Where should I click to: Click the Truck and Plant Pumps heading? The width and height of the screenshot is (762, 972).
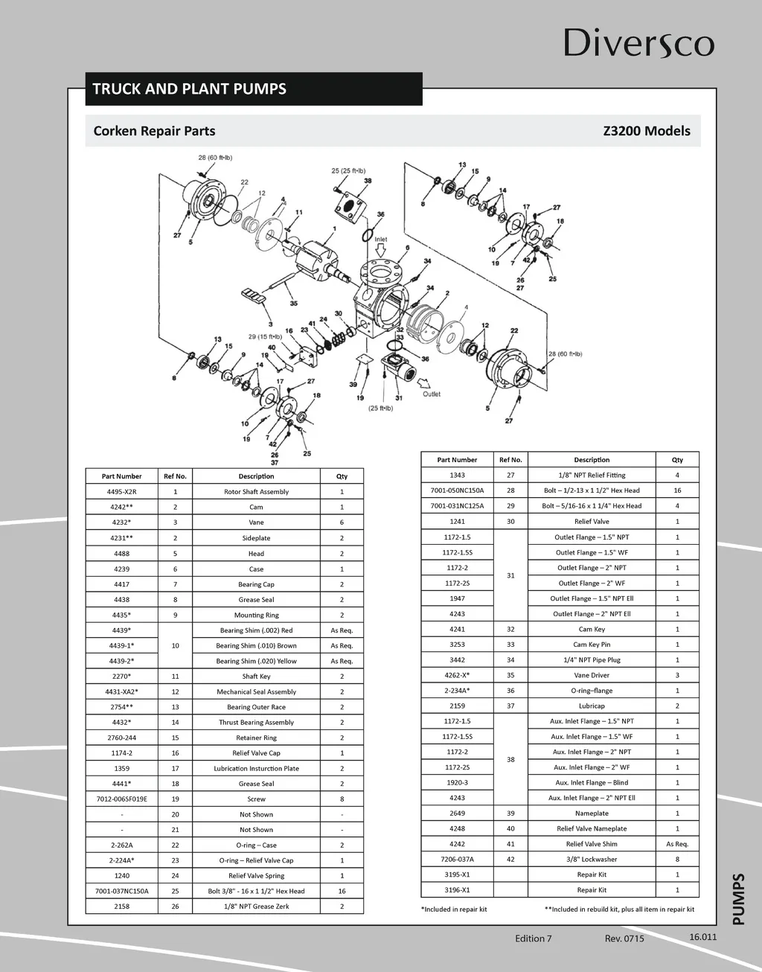pos(189,89)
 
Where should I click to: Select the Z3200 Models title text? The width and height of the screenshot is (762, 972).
pos(646,131)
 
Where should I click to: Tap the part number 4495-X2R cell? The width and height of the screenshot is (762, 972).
pos(122,492)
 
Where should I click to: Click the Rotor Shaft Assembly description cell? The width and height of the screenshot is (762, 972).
pos(256,492)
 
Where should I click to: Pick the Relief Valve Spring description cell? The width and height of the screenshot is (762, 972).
pos(256,876)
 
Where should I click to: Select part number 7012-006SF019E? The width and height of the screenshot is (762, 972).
pos(122,799)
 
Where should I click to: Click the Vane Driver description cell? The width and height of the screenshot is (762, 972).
pos(592,675)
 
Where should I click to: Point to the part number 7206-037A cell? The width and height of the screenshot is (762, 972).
pos(457,860)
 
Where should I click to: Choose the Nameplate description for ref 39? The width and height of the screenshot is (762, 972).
pos(592,813)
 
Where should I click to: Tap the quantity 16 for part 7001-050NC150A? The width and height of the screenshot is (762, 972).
pos(677,490)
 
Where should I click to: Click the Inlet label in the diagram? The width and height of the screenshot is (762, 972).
pos(381,240)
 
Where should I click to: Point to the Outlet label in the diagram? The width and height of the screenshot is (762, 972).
pos(432,394)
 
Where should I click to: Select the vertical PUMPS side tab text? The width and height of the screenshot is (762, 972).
pos(737,899)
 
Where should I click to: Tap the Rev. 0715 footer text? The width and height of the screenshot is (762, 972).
pos(624,939)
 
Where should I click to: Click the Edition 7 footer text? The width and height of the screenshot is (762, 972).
pos(534,939)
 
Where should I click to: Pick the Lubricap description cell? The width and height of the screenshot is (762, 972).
pos(592,706)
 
